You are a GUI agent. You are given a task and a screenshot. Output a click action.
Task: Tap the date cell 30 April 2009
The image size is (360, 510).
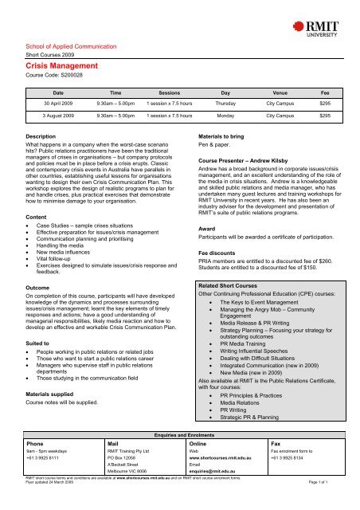59,103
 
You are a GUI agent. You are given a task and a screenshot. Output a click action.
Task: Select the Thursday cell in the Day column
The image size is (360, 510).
225,103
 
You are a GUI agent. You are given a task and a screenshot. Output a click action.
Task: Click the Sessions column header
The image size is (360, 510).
169,92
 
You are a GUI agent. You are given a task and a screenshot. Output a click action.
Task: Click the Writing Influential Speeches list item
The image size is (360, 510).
270,358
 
